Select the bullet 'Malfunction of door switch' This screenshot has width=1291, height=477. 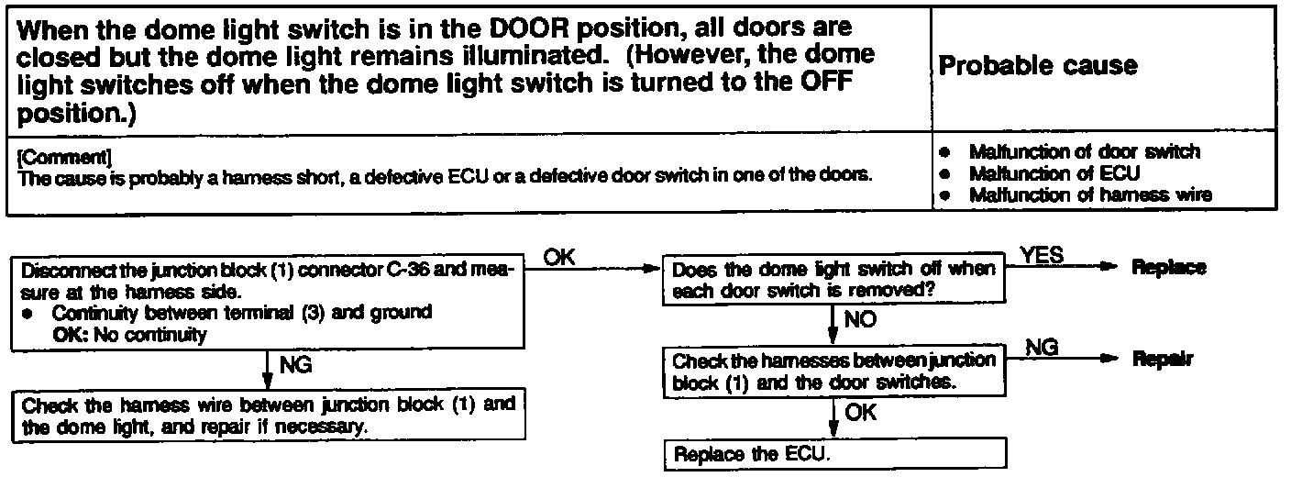click(1084, 151)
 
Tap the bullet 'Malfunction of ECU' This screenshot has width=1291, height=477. click(1054, 172)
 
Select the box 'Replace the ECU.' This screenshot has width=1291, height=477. click(835, 454)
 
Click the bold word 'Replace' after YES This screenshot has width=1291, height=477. click(1169, 268)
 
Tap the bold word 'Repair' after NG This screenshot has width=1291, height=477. click(1163, 360)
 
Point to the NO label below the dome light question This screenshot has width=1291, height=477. click(859, 320)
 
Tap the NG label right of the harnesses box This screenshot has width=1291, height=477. click(1042, 346)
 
